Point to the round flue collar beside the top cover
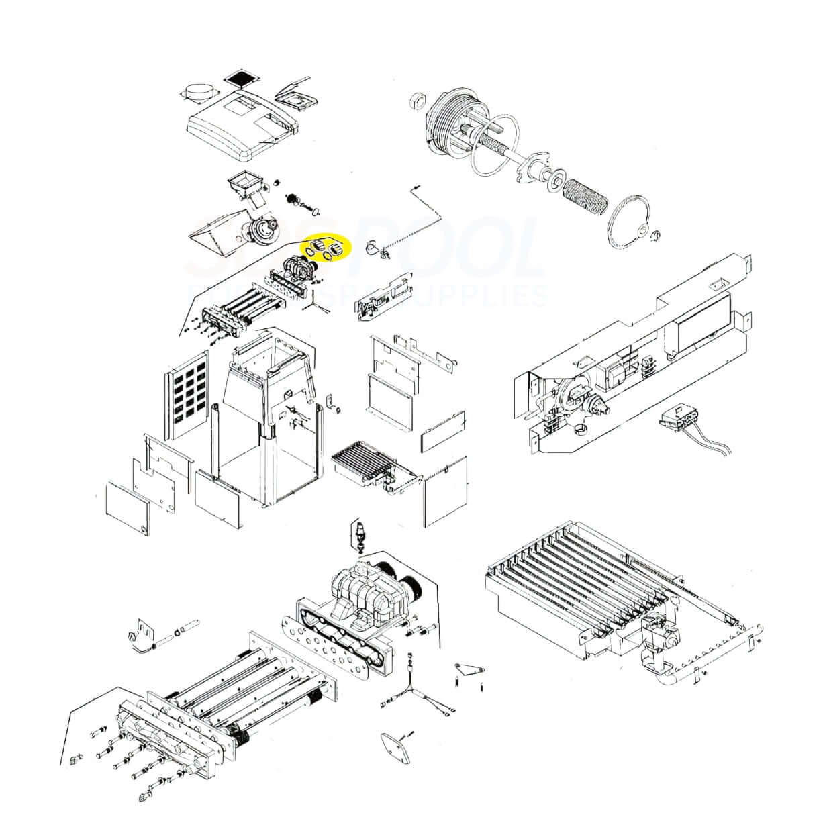pyautogui.click(x=197, y=93)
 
